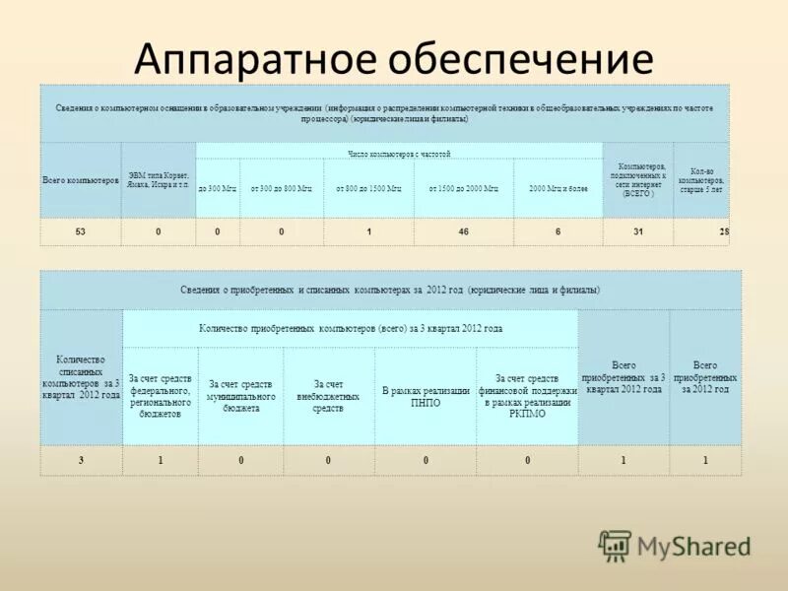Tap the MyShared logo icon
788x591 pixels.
pyautogui.click(x=615, y=545)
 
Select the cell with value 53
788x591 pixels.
pyautogui.click(x=80, y=231)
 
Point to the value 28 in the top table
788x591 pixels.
pyautogui.click(x=724, y=231)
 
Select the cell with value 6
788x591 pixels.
pyautogui.click(x=558, y=231)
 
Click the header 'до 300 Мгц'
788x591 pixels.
pyautogui.click(x=218, y=187)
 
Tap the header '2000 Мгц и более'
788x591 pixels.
pyautogui.click(x=557, y=187)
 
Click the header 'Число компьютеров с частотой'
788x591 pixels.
pyautogui.click(x=399, y=154)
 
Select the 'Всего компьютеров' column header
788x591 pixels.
pyautogui.click(x=80, y=181)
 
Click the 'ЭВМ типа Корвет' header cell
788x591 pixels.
pyautogui.click(x=159, y=181)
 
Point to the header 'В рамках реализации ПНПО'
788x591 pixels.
pyautogui.click(x=425, y=397)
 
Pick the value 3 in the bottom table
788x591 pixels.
pyautogui.click(x=82, y=460)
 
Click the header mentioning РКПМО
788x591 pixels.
pyautogui.click(x=527, y=396)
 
